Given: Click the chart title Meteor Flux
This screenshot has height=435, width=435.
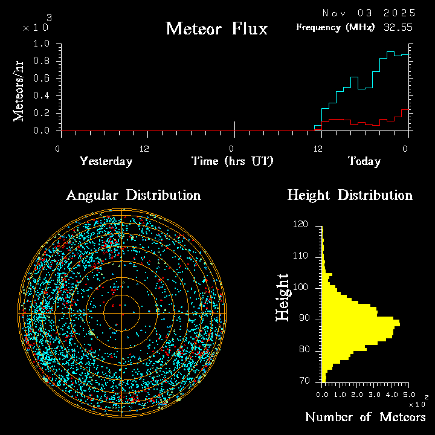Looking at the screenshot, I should click(216, 28).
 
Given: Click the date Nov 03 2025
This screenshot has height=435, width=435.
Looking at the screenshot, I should click(369, 13).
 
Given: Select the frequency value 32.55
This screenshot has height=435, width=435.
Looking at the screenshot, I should click(399, 27).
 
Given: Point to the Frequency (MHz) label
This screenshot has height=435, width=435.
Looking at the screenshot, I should click(335, 27).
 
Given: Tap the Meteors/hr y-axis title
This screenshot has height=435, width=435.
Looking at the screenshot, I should click(19, 91).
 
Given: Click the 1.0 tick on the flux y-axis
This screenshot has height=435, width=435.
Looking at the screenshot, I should click(42, 44).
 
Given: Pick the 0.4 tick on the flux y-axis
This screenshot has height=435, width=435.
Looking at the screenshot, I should click(42, 96).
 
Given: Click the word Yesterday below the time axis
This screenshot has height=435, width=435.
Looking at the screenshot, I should click(106, 161).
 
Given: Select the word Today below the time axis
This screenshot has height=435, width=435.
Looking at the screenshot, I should click(364, 161).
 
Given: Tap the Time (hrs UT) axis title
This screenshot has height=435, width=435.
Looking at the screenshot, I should click(233, 161).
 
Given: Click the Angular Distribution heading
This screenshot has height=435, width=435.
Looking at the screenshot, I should click(133, 195).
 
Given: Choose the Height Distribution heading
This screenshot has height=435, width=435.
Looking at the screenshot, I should click(350, 195).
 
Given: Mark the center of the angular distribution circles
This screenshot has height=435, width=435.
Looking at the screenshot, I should click(122, 313).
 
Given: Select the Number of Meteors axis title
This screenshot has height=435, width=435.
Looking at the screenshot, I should click(365, 417).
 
